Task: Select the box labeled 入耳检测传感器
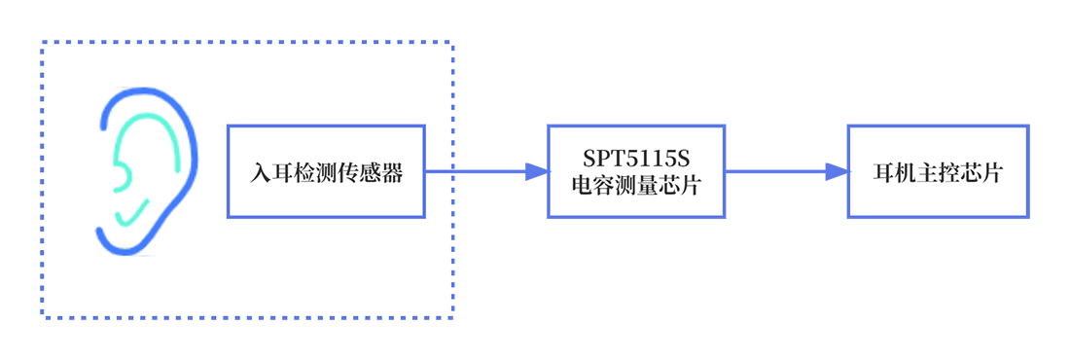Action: tap(326, 171)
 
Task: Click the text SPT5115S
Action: tap(637, 159)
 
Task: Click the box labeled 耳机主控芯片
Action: tap(939, 171)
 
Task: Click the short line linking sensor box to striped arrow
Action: tap(439, 171)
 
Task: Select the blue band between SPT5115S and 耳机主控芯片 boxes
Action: tap(786, 171)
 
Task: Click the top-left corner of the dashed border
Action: tap(42, 43)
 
